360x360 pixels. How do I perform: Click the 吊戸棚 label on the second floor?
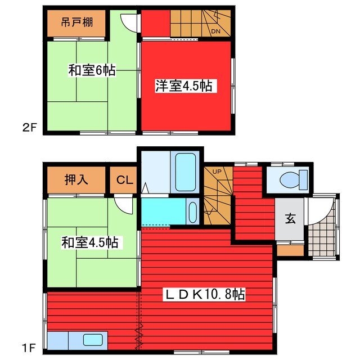(x=76, y=24)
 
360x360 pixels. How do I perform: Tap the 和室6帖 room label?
(x=92, y=71)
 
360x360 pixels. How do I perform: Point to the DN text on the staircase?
(x=215, y=32)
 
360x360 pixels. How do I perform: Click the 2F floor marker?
(x=30, y=127)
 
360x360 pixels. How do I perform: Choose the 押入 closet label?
(x=75, y=180)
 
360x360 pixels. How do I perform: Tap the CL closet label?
(x=124, y=181)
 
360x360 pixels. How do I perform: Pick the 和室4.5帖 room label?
(x=90, y=242)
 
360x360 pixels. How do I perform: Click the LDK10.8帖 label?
(x=204, y=294)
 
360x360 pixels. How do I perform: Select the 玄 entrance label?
(x=290, y=219)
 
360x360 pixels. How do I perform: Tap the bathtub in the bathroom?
(x=184, y=166)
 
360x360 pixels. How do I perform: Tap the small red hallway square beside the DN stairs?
(x=155, y=23)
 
